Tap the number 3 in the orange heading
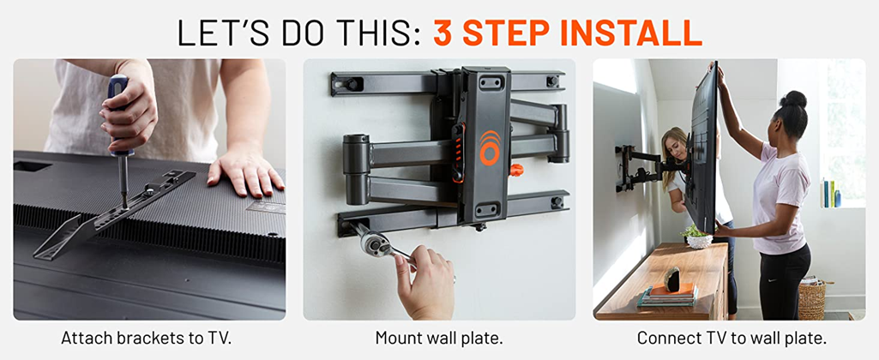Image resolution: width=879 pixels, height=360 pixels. tap(443, 33)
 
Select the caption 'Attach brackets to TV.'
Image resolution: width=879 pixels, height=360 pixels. tap(147, 338)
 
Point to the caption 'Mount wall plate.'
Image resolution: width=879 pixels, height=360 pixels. tap(439, 338)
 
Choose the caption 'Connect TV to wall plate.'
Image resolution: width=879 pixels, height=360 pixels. tap(731, 338)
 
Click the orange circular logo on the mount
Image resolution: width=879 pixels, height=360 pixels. tap(490, 148)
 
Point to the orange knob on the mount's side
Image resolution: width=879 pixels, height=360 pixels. tap(516, 170)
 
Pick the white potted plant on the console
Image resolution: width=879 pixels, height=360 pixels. tap(699, 237)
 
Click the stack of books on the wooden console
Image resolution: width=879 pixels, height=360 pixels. tap(667, 295)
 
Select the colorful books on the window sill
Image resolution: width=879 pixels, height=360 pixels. tap(830, 193)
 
